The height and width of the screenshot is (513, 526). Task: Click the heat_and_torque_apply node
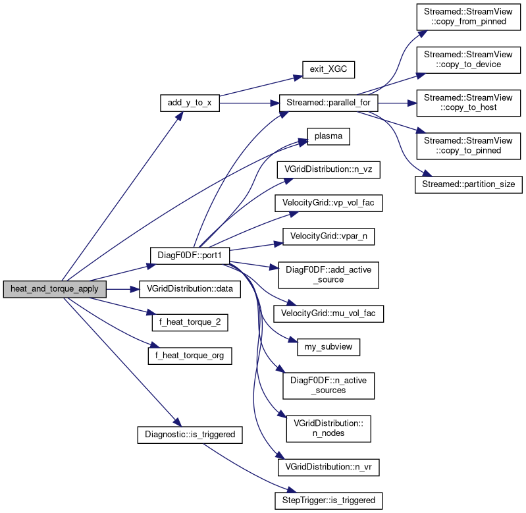pos(55,289)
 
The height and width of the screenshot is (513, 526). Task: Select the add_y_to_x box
pos(190,104)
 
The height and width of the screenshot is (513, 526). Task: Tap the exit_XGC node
pos(328,69)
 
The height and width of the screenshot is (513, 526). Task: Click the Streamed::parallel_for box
pos(329,104)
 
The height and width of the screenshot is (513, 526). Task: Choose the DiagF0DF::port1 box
pos(190,254)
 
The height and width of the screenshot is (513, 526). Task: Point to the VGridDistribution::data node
pos(190,289)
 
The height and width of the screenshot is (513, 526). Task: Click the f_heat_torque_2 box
pos(190,323)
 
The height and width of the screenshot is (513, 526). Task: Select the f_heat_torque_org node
pos(190,355)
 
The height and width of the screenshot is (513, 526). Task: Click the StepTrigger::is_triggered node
pos(328,500)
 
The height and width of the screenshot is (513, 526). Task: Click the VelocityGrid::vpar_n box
pos(328,235)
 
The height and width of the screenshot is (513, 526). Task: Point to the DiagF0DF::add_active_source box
pos(328,273)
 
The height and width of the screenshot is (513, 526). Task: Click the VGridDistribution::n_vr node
pos(328,466)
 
